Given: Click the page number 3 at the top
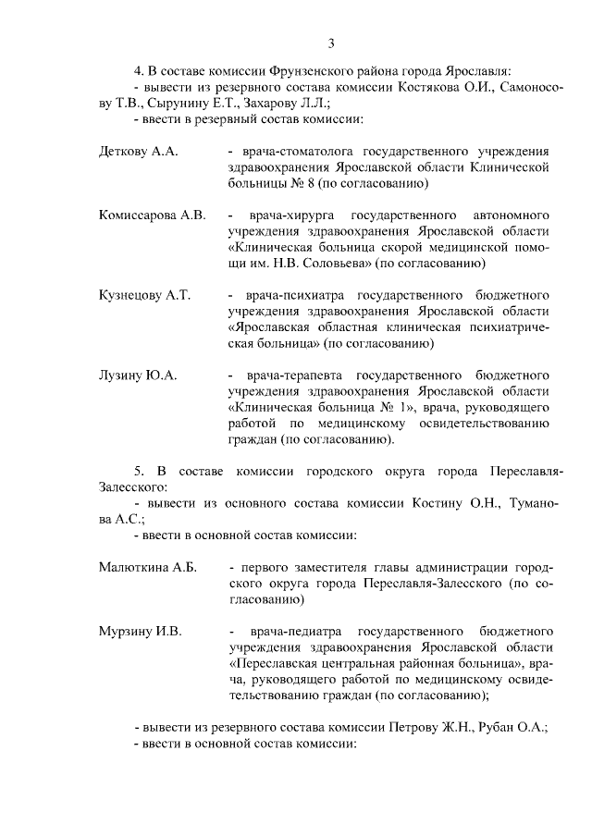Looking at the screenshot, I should click(330, 43).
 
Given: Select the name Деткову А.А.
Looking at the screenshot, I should click(138, 151).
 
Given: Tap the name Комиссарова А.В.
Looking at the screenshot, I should click(152, 215).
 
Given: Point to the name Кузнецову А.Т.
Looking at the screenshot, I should click(144, 295).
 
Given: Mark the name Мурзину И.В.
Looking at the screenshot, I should click(140, 632).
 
